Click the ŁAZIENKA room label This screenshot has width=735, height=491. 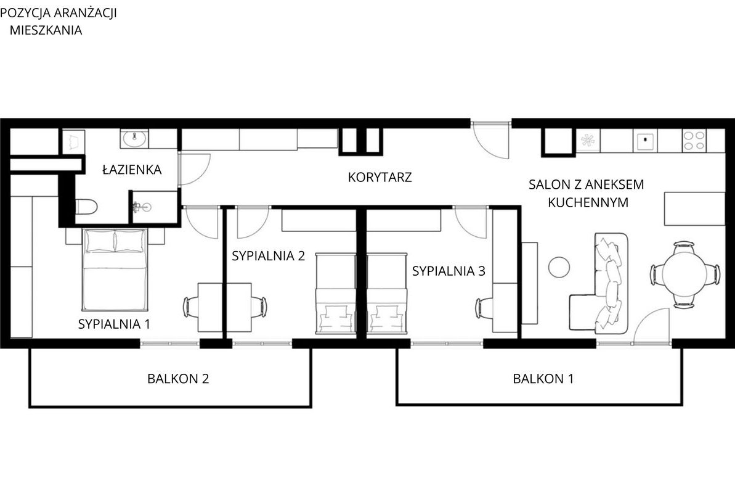[132, 170]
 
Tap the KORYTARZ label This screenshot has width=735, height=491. [380, 178]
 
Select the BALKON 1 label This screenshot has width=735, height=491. [543, 378]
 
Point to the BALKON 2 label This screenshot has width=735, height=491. [178, 378]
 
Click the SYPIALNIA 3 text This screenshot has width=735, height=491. [449, 271]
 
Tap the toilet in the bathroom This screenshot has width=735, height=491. [86, 206]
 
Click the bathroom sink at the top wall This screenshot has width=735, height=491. [135, 138]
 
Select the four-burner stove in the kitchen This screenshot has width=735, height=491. [694, 141]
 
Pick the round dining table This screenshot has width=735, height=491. [684, 274]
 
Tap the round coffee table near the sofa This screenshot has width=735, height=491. [559, 267]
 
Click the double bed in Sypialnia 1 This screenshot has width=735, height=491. [115, 270]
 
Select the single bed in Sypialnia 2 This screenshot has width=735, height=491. [336, 294]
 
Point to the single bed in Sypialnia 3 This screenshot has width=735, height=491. [387, 294]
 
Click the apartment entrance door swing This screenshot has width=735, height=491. [491, 141]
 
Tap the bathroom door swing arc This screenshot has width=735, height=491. [195, 169]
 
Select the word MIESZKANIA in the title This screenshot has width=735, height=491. [46, 30]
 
